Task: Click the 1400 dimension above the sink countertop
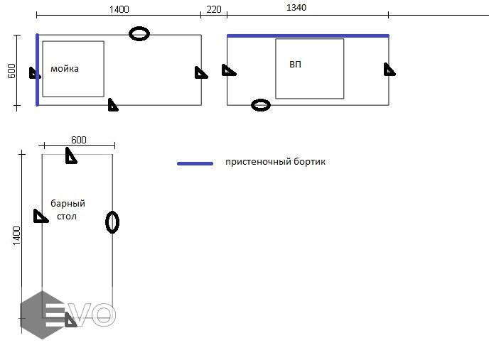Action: pos(119,9)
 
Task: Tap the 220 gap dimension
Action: pos(213,9)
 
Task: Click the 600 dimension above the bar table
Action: pos(78,140)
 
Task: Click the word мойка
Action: pos(65,69)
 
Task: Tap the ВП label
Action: pos(295,65)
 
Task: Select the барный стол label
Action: pos(68,209)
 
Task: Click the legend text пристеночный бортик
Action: pos(275,162)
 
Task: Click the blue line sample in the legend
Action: pos(195,163)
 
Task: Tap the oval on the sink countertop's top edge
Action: pos(139,33)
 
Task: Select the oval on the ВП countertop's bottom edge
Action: pos(261,105)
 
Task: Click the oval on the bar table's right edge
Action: pos(112,222)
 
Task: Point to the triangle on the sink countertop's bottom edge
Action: pos(112,105)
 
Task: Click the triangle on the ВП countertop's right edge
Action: pos(389,69)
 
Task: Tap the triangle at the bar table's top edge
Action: pos(70,156)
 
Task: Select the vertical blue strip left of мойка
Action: pos(37,70)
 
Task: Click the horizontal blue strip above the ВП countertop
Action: pos(308,35)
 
